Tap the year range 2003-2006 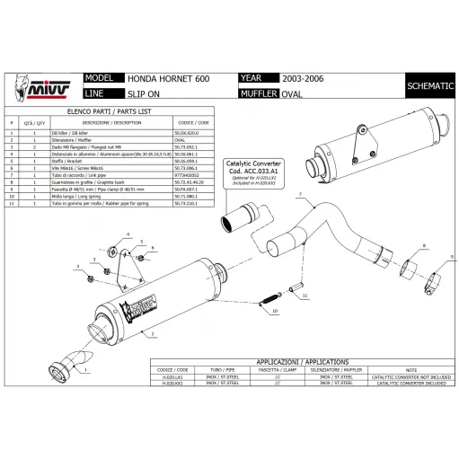pos(304,79)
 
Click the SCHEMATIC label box pos(428,85)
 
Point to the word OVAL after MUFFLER pos(292,93)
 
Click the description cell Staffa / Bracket pos(109,161)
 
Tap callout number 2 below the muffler pos(154,334)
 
